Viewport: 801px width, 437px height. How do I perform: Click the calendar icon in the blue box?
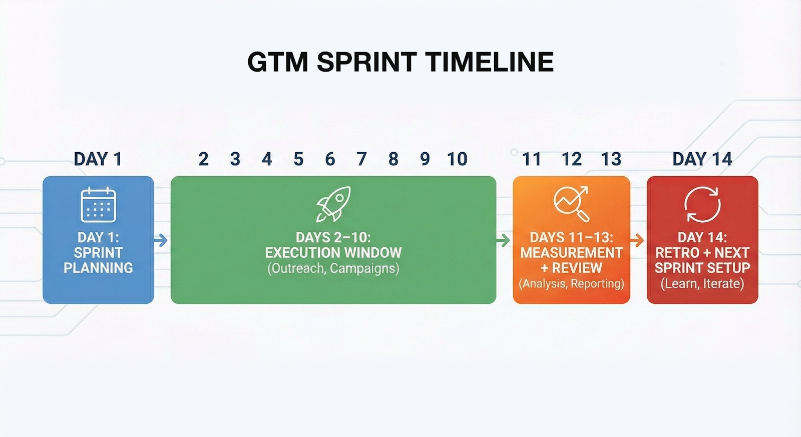(x=98, y=205)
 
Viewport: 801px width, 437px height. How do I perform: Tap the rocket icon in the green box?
(x=333, y=204)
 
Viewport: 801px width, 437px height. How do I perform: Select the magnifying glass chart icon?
(x=571, y=204)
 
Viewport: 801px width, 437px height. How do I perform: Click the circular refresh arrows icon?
(x=702, y=205)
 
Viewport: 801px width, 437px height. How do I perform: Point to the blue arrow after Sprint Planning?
(x=161, y=240)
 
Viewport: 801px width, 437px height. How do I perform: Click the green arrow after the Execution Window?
(x=503, y=240)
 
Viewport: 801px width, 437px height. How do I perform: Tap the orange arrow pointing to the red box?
(x=637, y=240)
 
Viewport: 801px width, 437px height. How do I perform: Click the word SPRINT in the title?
(x=366, y=62)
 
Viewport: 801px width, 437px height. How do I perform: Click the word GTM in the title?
(x=277, y=62)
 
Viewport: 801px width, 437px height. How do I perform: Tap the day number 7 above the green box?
(x=361, y=159)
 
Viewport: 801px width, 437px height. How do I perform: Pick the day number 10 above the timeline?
(x=458, y=159)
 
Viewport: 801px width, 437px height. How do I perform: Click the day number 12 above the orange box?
(x=571, y=159)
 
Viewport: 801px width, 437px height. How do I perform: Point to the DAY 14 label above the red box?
(x=702, y=159)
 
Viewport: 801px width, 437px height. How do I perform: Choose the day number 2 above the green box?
(x=203, y=159)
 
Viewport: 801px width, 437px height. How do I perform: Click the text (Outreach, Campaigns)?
(x=333, y=269)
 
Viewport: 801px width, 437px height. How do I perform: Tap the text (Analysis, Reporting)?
(x=571, y=284)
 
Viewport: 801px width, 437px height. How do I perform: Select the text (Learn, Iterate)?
(x=702, y=284)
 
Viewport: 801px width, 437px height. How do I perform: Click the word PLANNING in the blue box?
(x=98, y=268)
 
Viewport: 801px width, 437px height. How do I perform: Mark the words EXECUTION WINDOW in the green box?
(x=333, y=253)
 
